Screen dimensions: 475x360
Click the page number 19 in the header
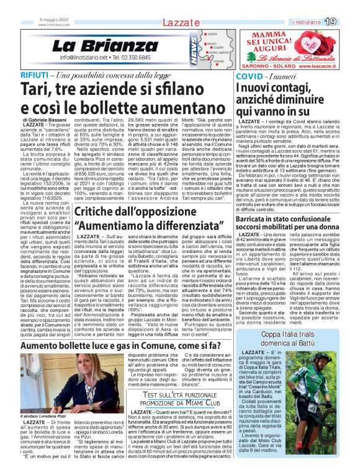pyautogui.click(x=348, y=22)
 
